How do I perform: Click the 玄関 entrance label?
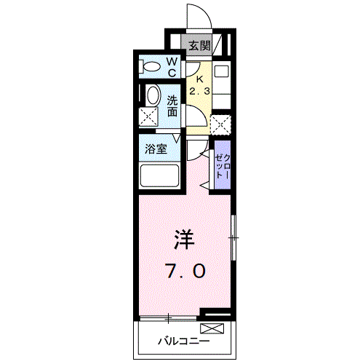199,45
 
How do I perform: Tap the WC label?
173,68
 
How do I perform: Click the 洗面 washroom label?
173,106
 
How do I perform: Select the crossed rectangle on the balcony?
216,329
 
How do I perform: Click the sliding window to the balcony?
169,317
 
